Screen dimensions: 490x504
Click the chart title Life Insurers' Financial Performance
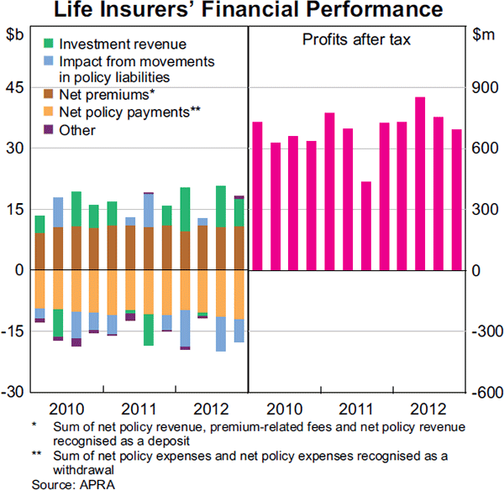[x=252, y=11]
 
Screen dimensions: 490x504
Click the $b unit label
[x=15, y=35]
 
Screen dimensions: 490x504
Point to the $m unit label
[x=483, y=35]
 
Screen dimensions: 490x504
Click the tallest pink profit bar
[x=420, y=184]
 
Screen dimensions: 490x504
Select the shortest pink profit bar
[x=365, y=226]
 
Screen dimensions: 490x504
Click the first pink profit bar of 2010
[x=257, y=196]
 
